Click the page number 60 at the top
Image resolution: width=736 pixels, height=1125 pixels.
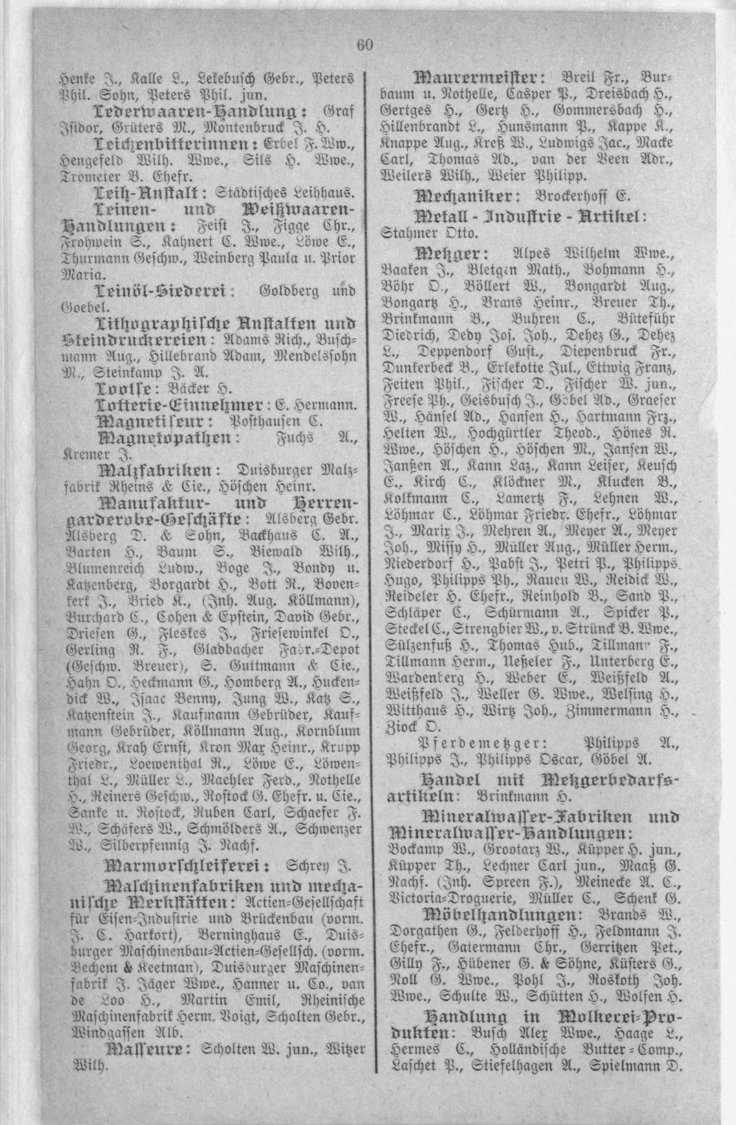[365, 45]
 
